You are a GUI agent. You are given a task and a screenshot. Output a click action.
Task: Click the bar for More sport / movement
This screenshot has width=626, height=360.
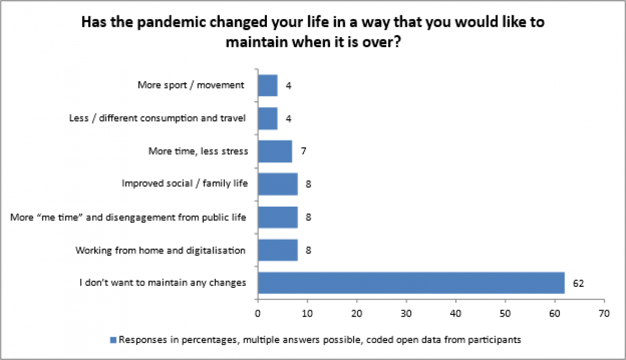[x=267, y=85]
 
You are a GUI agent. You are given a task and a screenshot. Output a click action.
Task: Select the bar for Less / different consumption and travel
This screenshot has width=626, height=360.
[x=267, y=119]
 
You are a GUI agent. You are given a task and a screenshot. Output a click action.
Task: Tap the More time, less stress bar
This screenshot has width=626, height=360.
[x=275, y=151]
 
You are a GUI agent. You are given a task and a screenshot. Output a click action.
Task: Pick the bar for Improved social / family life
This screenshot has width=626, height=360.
[x=277, y=184]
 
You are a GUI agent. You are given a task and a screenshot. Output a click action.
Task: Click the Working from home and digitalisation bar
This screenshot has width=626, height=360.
[x=277, y=250]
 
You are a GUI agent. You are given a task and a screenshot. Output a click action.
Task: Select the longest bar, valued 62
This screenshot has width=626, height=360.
[x=411, y=283]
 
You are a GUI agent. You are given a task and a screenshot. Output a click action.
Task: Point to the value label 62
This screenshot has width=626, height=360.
[x=578, y=283]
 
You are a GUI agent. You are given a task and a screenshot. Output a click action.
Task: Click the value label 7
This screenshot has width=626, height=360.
[x=303, y=151]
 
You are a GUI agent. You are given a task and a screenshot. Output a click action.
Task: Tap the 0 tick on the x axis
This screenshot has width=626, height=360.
[x=258, y=313]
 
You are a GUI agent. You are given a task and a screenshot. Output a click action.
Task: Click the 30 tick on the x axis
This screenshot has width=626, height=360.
[x=406, y=313]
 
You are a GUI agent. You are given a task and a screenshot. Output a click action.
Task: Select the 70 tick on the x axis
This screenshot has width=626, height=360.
[x=604, y=313]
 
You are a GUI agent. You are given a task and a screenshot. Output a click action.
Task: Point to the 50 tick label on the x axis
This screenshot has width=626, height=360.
[x=505, y=313]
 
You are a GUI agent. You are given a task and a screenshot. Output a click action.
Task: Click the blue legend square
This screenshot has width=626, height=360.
[x=113, y=340]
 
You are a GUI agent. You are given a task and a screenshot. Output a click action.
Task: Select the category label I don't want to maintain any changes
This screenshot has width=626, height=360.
[x=163, y=283]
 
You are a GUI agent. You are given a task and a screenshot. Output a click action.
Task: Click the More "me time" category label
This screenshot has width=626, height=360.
[x=128, y=217]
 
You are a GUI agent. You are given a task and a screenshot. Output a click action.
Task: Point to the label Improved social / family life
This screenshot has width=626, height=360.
[x=185, y=183]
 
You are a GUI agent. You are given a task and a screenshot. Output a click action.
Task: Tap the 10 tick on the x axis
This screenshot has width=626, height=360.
[x=307, y=313]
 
